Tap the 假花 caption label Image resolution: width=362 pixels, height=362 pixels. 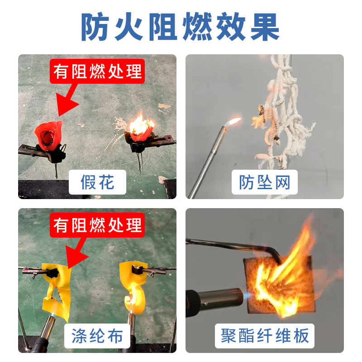[x=97, y=182]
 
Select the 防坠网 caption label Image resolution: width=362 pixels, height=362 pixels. [x=265, y=182]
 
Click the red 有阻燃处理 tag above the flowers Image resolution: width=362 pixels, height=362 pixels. [x=97, y=71]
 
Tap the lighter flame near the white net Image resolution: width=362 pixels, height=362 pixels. [x=234, y=121]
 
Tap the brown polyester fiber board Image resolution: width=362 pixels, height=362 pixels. [x=278, y=285]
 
